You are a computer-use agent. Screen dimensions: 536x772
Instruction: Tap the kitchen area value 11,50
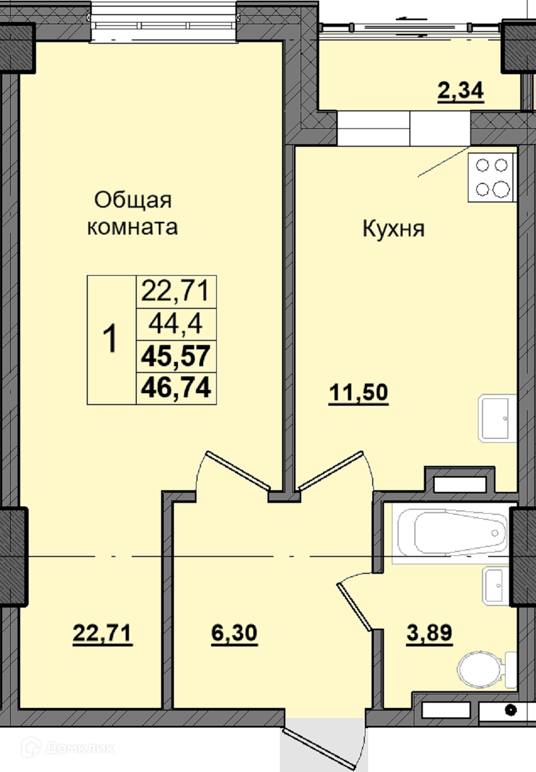click(x=359, y=393)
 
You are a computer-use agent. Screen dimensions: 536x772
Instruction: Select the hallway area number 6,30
click(x=234, y=633)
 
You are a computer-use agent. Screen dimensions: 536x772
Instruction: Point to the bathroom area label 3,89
click(x=429, y=633)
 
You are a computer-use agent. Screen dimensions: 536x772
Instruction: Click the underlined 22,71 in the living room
click(x=102, y=633)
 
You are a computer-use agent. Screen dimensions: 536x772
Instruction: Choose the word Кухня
click(x=394, y=228)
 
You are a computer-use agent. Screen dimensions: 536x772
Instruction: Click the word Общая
click(x=133, y=200)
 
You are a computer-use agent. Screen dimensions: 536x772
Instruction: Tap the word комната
click(x=132, y=227)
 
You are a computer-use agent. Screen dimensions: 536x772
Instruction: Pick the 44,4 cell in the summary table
click(x=176, y=324)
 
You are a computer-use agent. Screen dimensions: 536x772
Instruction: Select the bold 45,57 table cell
click(x=176, y=356)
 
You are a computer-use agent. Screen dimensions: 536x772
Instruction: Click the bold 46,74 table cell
click(x=176, y=388)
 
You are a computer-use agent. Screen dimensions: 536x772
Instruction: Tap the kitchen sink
click(x=497, y=419)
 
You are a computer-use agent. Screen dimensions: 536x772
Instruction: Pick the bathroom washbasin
click(x=496, y=585)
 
